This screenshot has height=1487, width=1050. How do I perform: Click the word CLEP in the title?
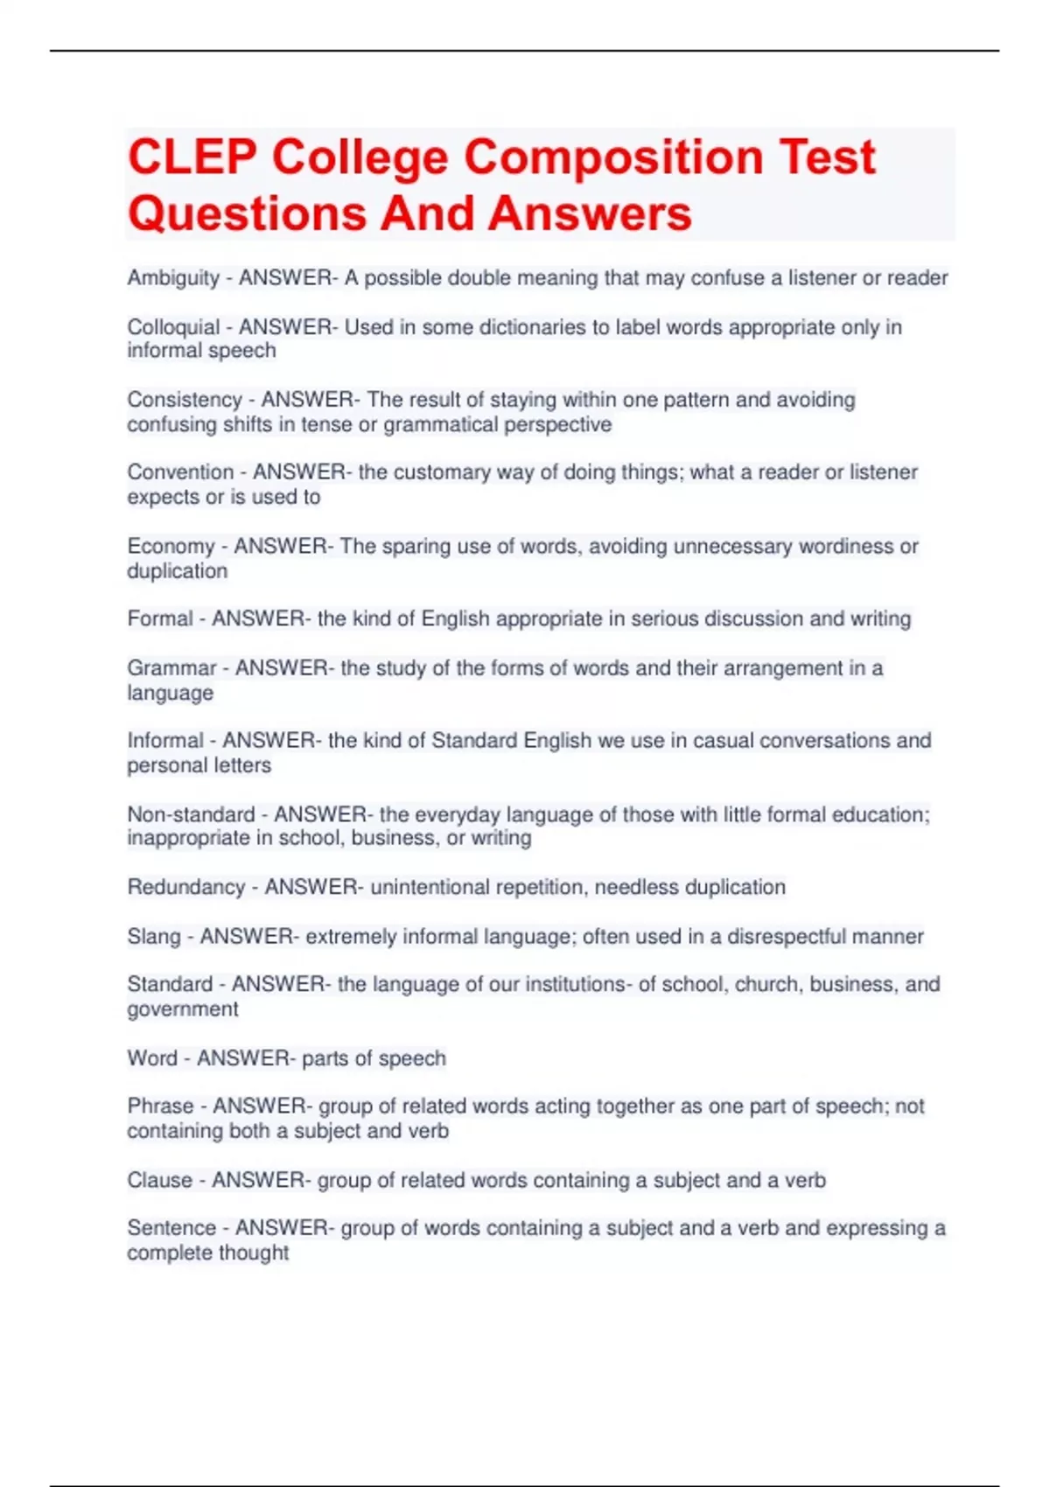[192, 157]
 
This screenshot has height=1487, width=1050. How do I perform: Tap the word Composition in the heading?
[613, 157]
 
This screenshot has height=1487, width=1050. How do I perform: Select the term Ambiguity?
[173, 278]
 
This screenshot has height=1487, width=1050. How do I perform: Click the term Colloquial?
[173, 327]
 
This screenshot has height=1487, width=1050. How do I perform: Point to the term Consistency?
[185, 400]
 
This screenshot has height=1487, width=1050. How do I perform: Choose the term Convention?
[180, 472]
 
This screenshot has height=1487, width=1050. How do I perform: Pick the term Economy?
[171, 547]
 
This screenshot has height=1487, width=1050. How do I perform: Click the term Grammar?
[171, 668]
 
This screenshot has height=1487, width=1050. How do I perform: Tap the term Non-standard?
[191, 814]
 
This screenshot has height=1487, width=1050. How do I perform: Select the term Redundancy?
[186, 887]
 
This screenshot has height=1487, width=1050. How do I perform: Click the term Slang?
[154, 937]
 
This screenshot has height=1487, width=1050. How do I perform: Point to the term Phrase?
[160, 1107]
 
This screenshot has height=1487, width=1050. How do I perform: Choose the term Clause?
[159, 1181]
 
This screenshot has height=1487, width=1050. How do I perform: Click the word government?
[183, 1009]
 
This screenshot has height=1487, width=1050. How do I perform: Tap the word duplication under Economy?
[178, 571]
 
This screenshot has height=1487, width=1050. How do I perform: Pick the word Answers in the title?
[590, 213]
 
